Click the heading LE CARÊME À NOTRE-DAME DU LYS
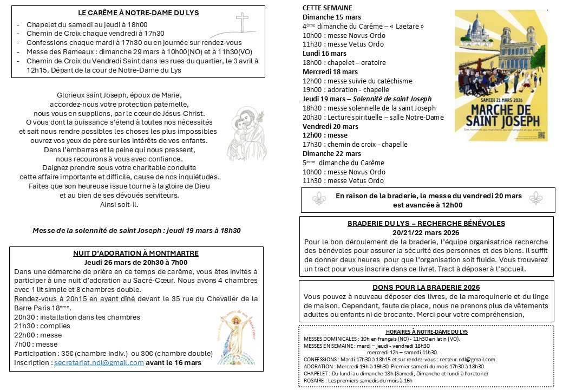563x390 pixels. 138,12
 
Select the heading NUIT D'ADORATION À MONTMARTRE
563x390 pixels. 136,253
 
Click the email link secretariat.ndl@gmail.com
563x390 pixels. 99,362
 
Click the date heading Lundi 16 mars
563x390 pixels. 324,54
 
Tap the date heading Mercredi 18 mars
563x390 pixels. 330,71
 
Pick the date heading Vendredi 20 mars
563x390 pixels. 330,126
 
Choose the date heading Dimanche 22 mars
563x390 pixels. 328,153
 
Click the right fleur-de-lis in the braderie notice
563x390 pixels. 535,198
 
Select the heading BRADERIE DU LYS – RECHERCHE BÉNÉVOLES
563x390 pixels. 426,223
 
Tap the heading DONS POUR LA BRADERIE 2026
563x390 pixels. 426,287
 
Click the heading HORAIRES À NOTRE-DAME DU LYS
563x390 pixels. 426,331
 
